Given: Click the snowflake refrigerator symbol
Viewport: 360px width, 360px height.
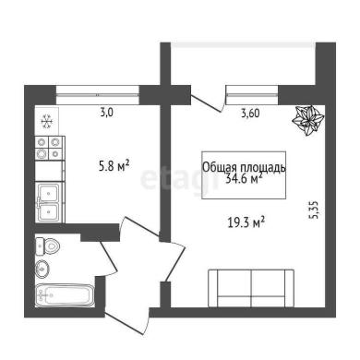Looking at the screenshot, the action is tap(47, 121).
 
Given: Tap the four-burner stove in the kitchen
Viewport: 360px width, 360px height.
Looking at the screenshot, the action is tap(49, 148).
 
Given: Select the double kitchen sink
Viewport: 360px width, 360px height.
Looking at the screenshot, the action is tap(49, 202).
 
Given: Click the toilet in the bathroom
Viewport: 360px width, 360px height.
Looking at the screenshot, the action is tap(47, 246).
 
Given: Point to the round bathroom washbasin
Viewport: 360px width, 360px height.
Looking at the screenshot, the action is tap(42, 269).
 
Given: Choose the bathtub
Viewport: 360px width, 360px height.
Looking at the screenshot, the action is tap(66, 295).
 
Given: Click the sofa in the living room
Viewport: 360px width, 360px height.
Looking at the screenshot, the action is tap(251, 288).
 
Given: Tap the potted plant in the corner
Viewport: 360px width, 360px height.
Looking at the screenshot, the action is tap(307, 120).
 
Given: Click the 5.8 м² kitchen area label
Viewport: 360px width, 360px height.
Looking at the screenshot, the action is tap(114, 166).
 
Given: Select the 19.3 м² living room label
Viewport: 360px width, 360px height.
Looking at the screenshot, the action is tap(246, 222).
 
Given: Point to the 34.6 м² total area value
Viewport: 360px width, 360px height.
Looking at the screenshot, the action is tap(244, 179).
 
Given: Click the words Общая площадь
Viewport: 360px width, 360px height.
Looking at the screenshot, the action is tap(244, 168).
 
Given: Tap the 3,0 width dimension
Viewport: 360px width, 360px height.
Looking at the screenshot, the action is tap(107, 113).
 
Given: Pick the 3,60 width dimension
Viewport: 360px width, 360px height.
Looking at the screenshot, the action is tap(250, 114).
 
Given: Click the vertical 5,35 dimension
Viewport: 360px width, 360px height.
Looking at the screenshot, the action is tap(315, 210).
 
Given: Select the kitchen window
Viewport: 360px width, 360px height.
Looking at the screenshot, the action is tap(98, 95).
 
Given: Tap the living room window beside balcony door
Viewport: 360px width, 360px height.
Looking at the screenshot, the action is tap(252, 95).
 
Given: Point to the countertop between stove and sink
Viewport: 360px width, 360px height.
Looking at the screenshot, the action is tap(49, 171).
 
